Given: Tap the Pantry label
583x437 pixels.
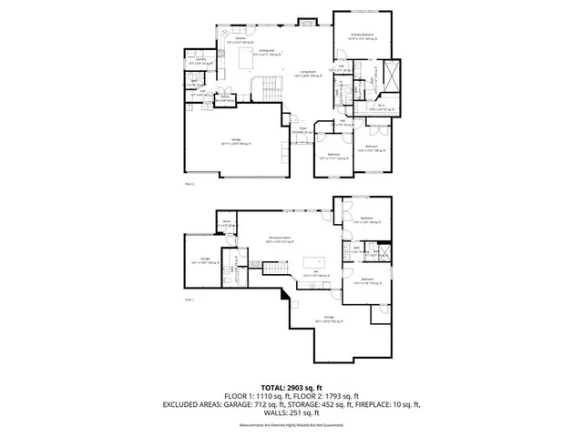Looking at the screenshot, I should pyautogui.click(x=225, y=99).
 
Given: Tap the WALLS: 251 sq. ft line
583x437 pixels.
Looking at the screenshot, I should pyautogui.click(x=291, y=412).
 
